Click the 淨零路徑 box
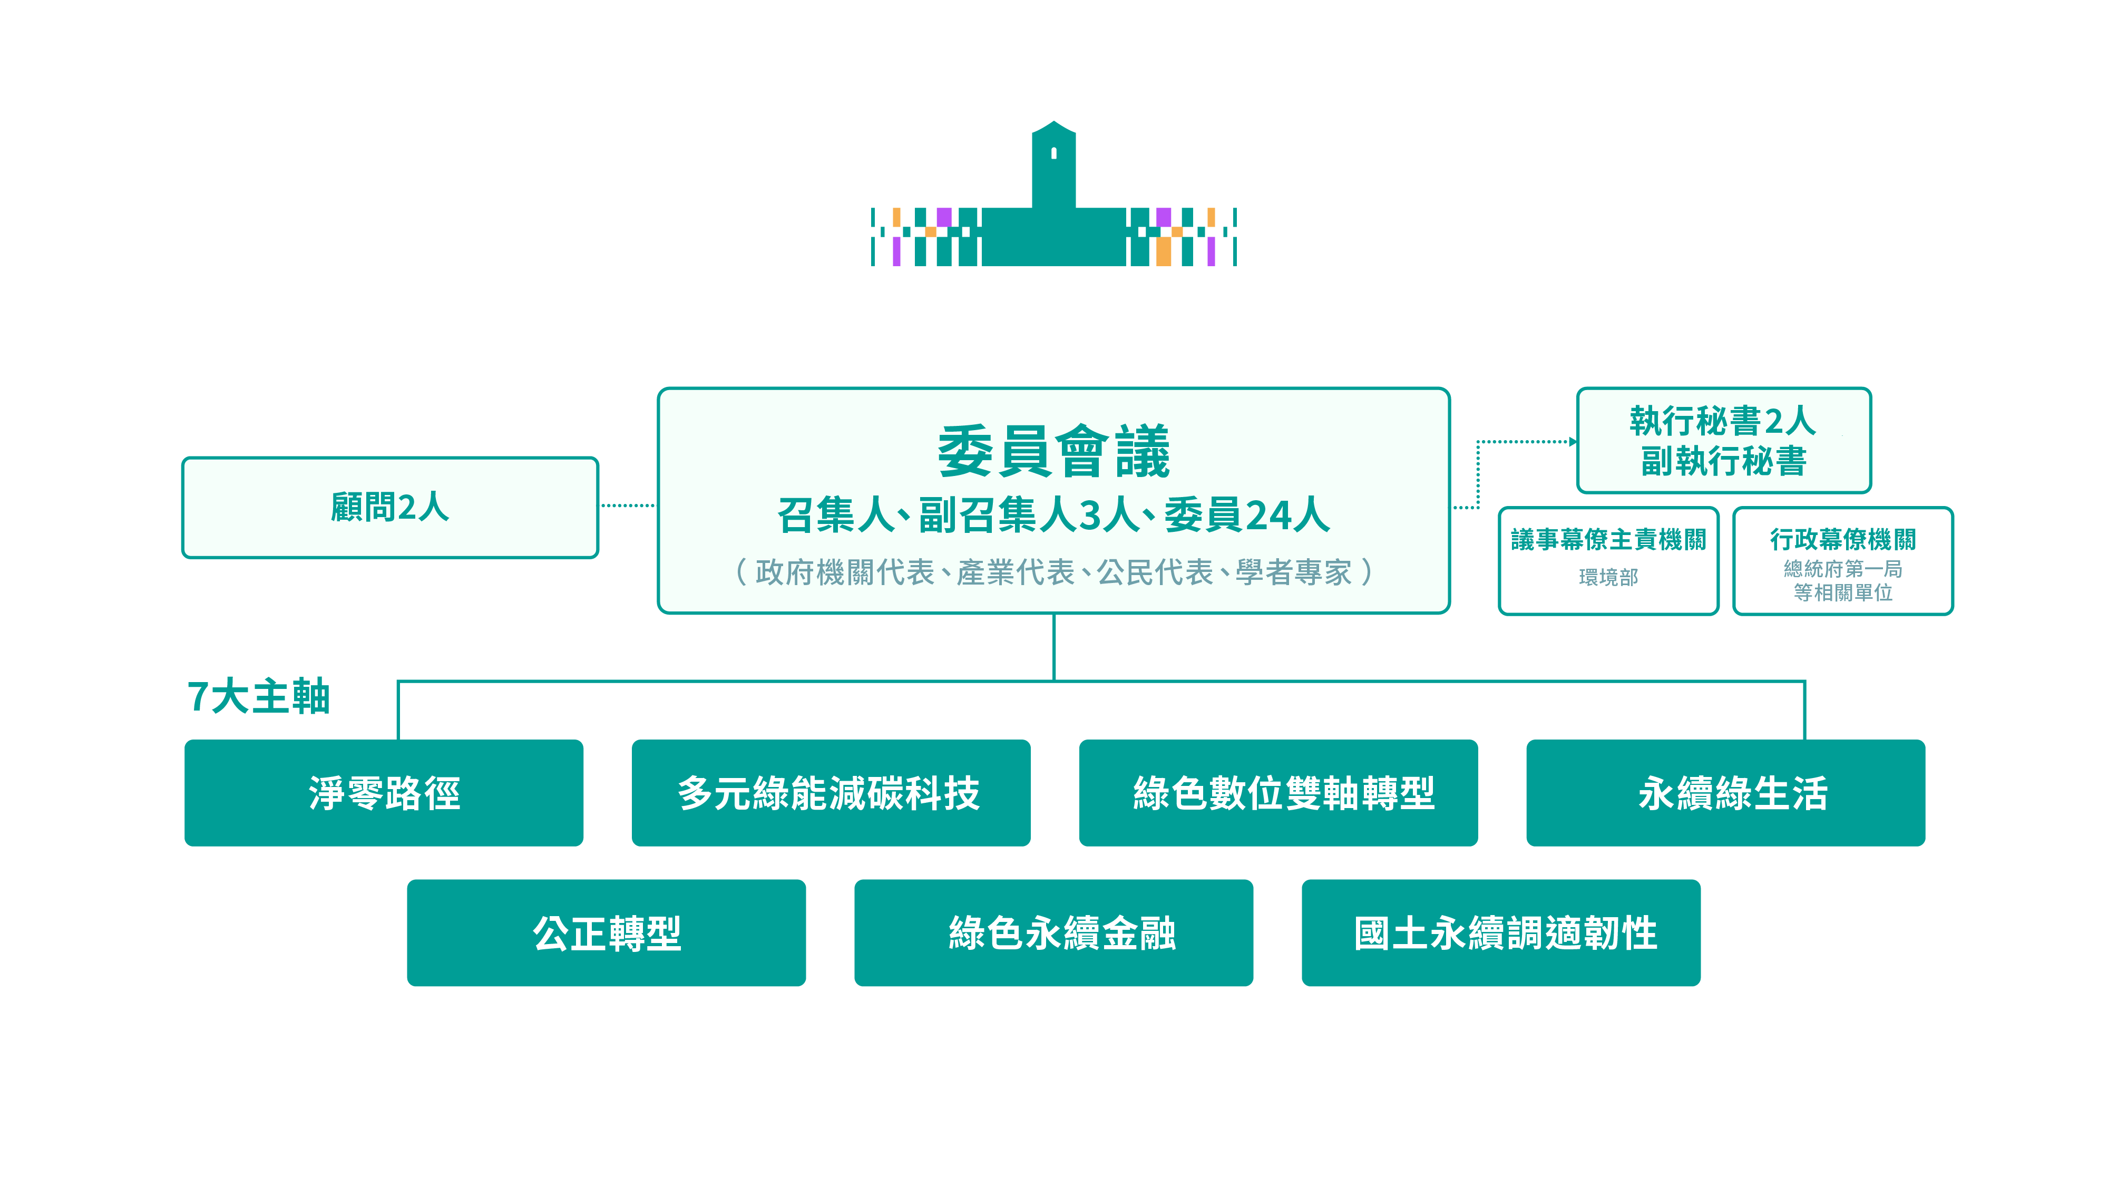click(384, 792)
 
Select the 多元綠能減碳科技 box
click(831, 792)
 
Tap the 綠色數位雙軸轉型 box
click(1278, 792)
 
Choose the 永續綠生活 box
click(1725, 792)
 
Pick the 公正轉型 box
click(607, 932)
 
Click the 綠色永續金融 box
click(1053, 932)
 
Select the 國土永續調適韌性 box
click(1501, 932)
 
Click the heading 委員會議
click(1053, 451)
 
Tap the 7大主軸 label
click(259, 696)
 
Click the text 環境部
click(1608, 577)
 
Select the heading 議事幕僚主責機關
click(1608, 539)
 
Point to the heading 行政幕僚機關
click(1843, 539)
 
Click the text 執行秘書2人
click(1723, 422)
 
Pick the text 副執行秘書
click(1723, 461)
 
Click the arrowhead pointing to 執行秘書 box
click(1572, 442)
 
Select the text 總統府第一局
click(1843, 569)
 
